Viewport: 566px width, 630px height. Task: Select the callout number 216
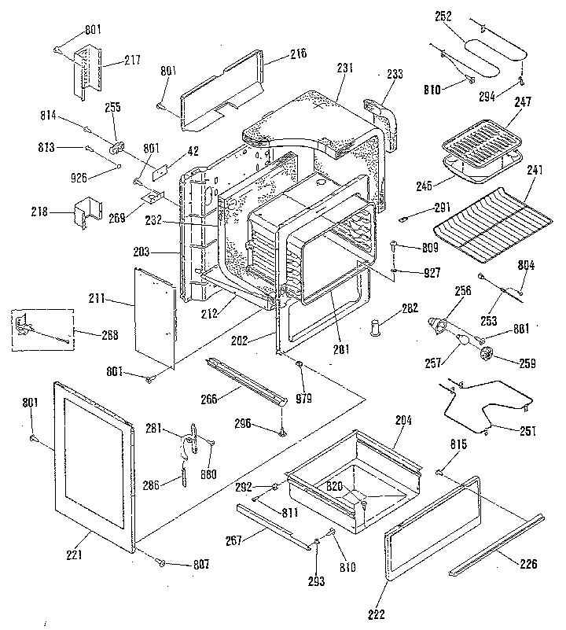[275, 54]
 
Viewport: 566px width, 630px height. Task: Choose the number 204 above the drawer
[402, 421]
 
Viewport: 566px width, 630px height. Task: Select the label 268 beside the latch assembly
[109, 335]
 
